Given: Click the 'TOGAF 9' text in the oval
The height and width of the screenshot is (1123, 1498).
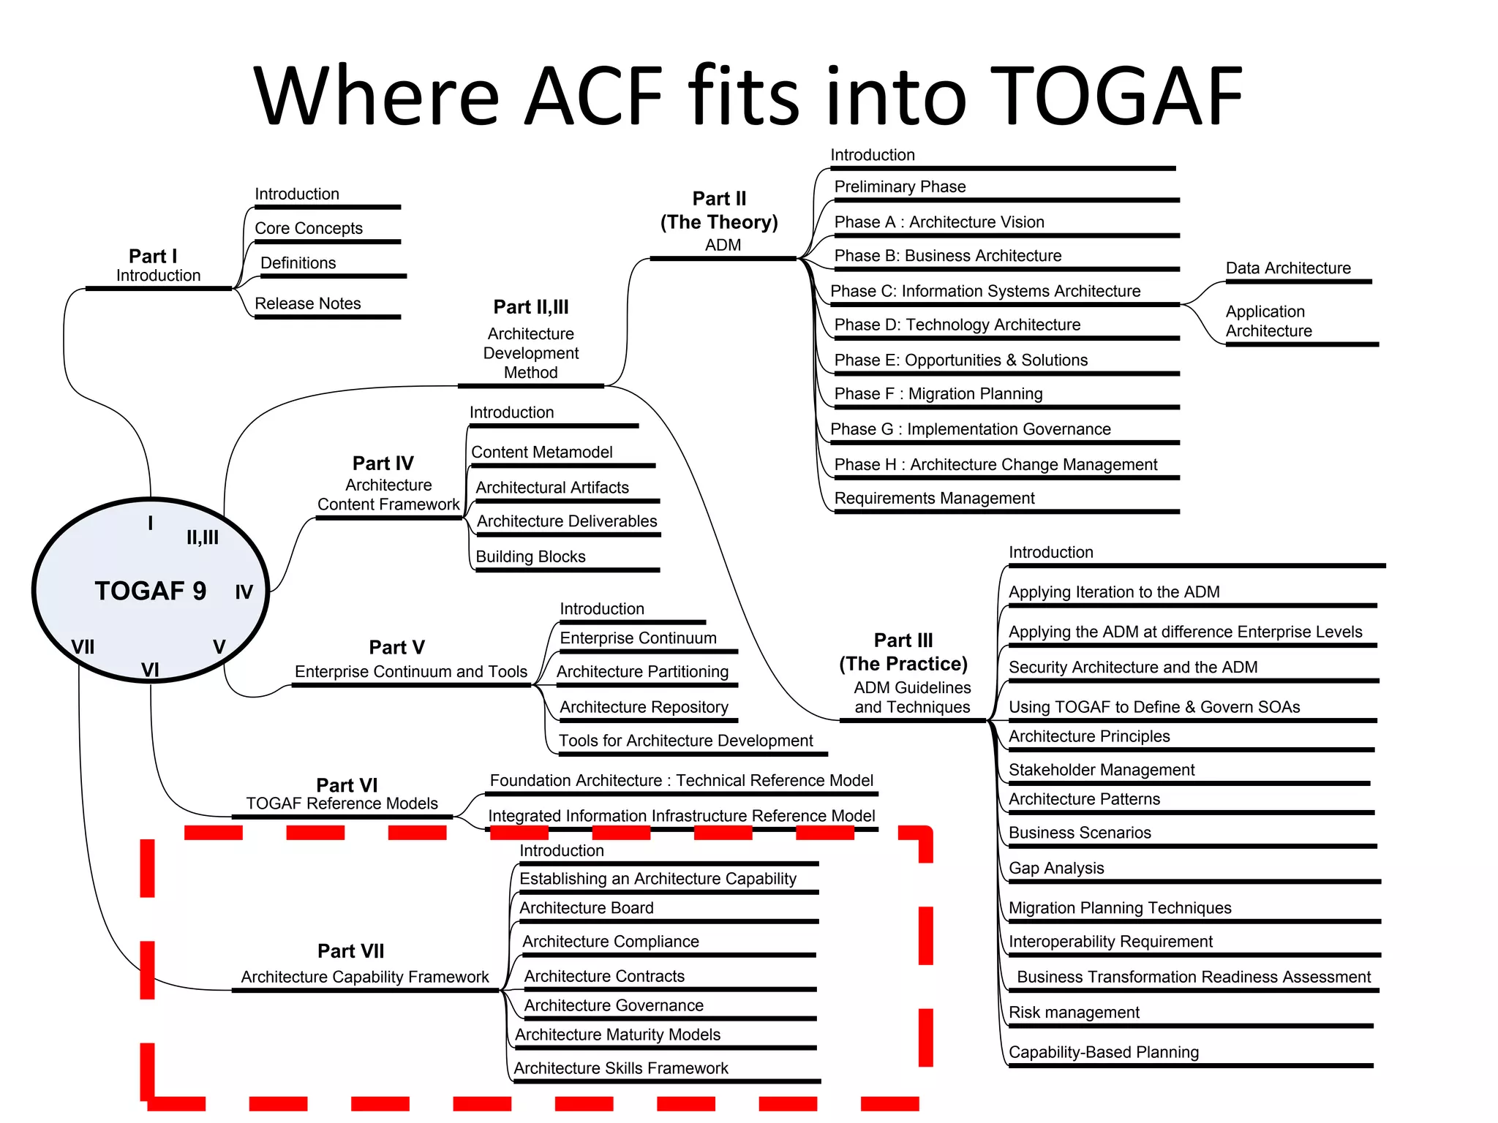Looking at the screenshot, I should [x=150, y=591].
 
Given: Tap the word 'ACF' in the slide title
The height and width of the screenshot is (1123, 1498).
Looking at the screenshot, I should [x=593, y=97].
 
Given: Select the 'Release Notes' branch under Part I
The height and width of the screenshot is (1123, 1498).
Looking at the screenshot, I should [x=307, y=303].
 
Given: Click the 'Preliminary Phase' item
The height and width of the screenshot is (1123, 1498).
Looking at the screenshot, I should [x=900, y=187].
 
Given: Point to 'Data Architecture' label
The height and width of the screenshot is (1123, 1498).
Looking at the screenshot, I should [x=1287, y=268].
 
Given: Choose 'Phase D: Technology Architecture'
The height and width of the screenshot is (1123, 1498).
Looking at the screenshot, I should [x=957, y=325].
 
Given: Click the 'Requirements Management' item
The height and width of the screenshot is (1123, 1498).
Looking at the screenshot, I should [x=934, y=499].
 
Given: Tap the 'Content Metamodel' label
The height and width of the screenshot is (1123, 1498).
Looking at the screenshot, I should [x=541, y=453].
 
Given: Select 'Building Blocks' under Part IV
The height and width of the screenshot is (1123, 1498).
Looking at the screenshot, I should [x=530, y=557].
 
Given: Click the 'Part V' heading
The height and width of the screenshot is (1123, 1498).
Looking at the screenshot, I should [x=396, y=648].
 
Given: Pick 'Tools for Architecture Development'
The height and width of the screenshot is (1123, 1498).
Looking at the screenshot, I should [x=685, y=741].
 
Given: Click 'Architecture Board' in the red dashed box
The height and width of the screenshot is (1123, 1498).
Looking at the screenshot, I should [x=586, y=908].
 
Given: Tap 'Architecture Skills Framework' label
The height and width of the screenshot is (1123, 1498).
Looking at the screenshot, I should [x=620, y=1068].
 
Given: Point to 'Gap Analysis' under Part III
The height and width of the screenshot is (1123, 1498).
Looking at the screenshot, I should [x=1055, y=869].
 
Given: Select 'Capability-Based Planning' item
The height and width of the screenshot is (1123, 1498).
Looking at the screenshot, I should [x=1103, y=1053].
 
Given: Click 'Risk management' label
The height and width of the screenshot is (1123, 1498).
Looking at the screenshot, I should [x=1073, y=1013].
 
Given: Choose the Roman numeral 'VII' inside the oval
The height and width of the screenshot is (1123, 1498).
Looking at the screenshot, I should [x=83, y=647].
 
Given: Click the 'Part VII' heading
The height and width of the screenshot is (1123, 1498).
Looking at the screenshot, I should [x=350, y=951].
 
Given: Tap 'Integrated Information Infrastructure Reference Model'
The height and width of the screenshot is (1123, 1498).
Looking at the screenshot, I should [x=681, y=816].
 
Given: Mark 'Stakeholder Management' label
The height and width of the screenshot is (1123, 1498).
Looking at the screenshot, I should [x=1101, y=770].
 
